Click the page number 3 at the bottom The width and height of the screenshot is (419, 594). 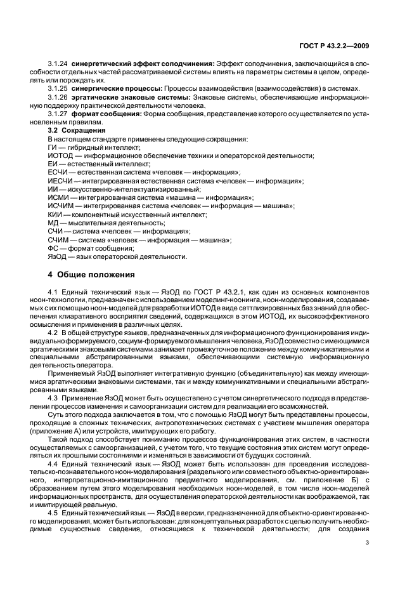366,542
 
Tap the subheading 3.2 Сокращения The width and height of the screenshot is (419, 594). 73,130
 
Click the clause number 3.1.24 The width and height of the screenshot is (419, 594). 58,64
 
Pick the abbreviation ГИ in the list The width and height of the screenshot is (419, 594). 53,147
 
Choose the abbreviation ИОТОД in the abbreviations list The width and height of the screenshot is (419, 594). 59,155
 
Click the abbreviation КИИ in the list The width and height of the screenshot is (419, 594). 55,214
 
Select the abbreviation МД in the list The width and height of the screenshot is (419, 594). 53,223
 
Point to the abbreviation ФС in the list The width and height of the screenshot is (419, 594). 53,248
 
